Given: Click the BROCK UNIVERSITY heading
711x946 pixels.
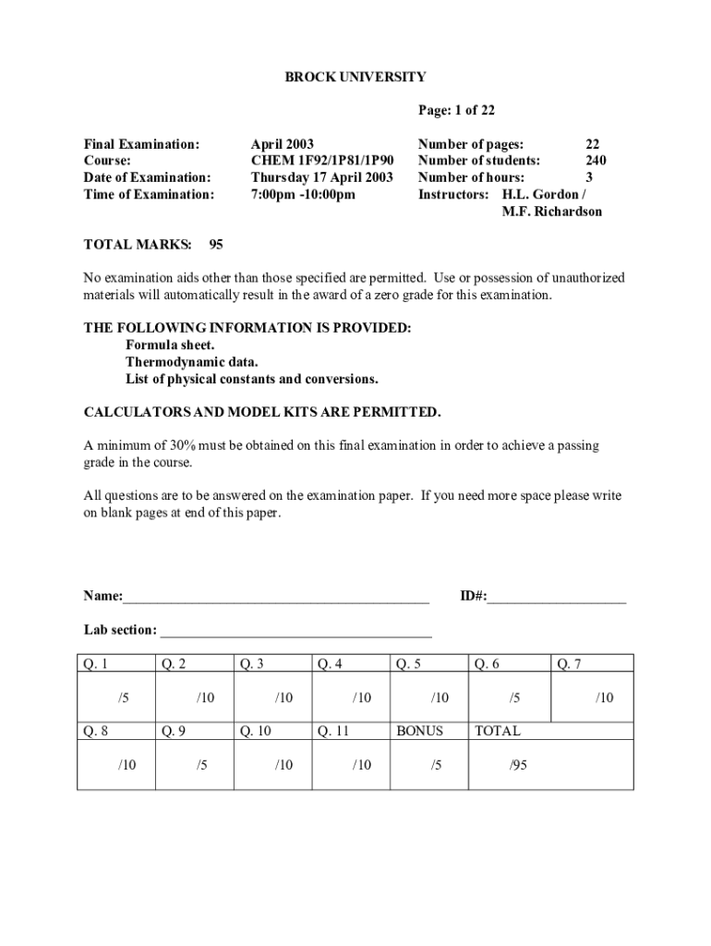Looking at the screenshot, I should point(355,78).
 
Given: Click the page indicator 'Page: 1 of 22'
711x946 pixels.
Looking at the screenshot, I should point(456,111).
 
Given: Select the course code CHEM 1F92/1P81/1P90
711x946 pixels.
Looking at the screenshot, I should point(322,161).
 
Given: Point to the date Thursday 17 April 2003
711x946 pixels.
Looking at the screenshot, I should point(322,177).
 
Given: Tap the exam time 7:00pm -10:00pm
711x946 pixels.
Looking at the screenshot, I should point(303,194).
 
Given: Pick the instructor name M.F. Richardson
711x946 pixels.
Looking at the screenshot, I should point(551,212).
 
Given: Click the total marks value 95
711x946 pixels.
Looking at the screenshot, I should point(216,245).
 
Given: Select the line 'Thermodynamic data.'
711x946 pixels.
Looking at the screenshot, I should point(192,362).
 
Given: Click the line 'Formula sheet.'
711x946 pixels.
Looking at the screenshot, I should point(170,346).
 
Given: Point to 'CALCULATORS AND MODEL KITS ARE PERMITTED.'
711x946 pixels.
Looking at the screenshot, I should point(262,412).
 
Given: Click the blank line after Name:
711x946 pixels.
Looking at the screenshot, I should point(276,600).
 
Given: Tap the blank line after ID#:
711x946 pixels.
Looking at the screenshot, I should point(557,600).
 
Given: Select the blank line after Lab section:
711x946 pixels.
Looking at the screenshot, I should point(295,635).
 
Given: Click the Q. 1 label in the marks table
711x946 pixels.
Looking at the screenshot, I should point(96,663).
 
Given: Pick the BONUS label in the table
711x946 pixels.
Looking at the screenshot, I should point(419,731).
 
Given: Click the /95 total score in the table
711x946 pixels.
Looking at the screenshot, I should point(518,765).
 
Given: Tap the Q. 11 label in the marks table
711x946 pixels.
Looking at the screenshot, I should point(333,731).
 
